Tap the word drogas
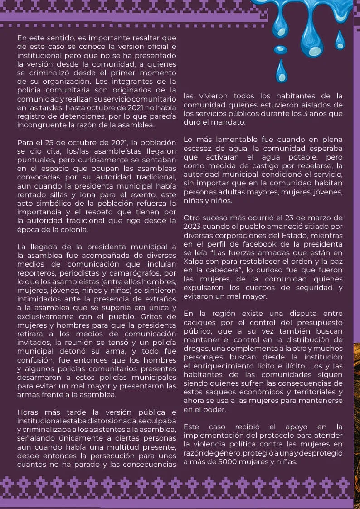(196, 348)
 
